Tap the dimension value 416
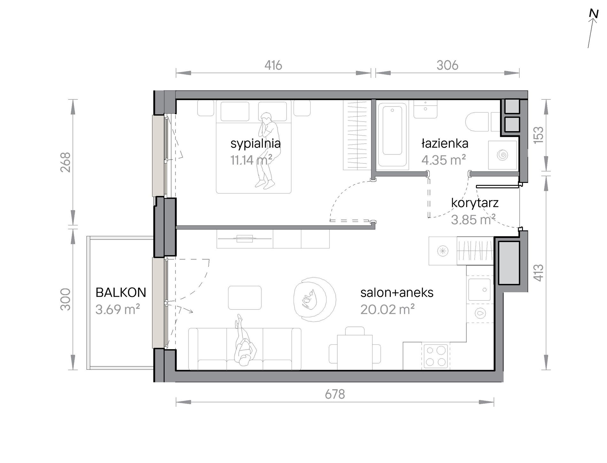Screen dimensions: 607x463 (x=273, y=65)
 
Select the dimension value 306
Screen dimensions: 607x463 (x=447, y=65)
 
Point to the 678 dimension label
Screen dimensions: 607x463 (x=335, y=394)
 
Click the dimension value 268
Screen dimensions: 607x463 (x=65, y=162)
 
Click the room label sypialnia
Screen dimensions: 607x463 (x=256, y=144)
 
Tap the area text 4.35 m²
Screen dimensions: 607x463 (x=443, y=160)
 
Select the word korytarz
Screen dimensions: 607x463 (x=475, y=203)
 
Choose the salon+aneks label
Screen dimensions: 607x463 (x=397, y=293)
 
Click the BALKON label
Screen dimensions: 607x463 (x=121, y=293)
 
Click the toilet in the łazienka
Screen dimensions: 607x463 (x=477, y=122)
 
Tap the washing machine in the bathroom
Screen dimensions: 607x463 (x=503, y=155)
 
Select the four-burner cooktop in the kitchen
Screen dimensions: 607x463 (x=436, y=356)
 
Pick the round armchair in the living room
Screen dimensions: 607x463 (x=315, y=299)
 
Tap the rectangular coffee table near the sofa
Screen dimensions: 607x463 (x=245, y=298)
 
